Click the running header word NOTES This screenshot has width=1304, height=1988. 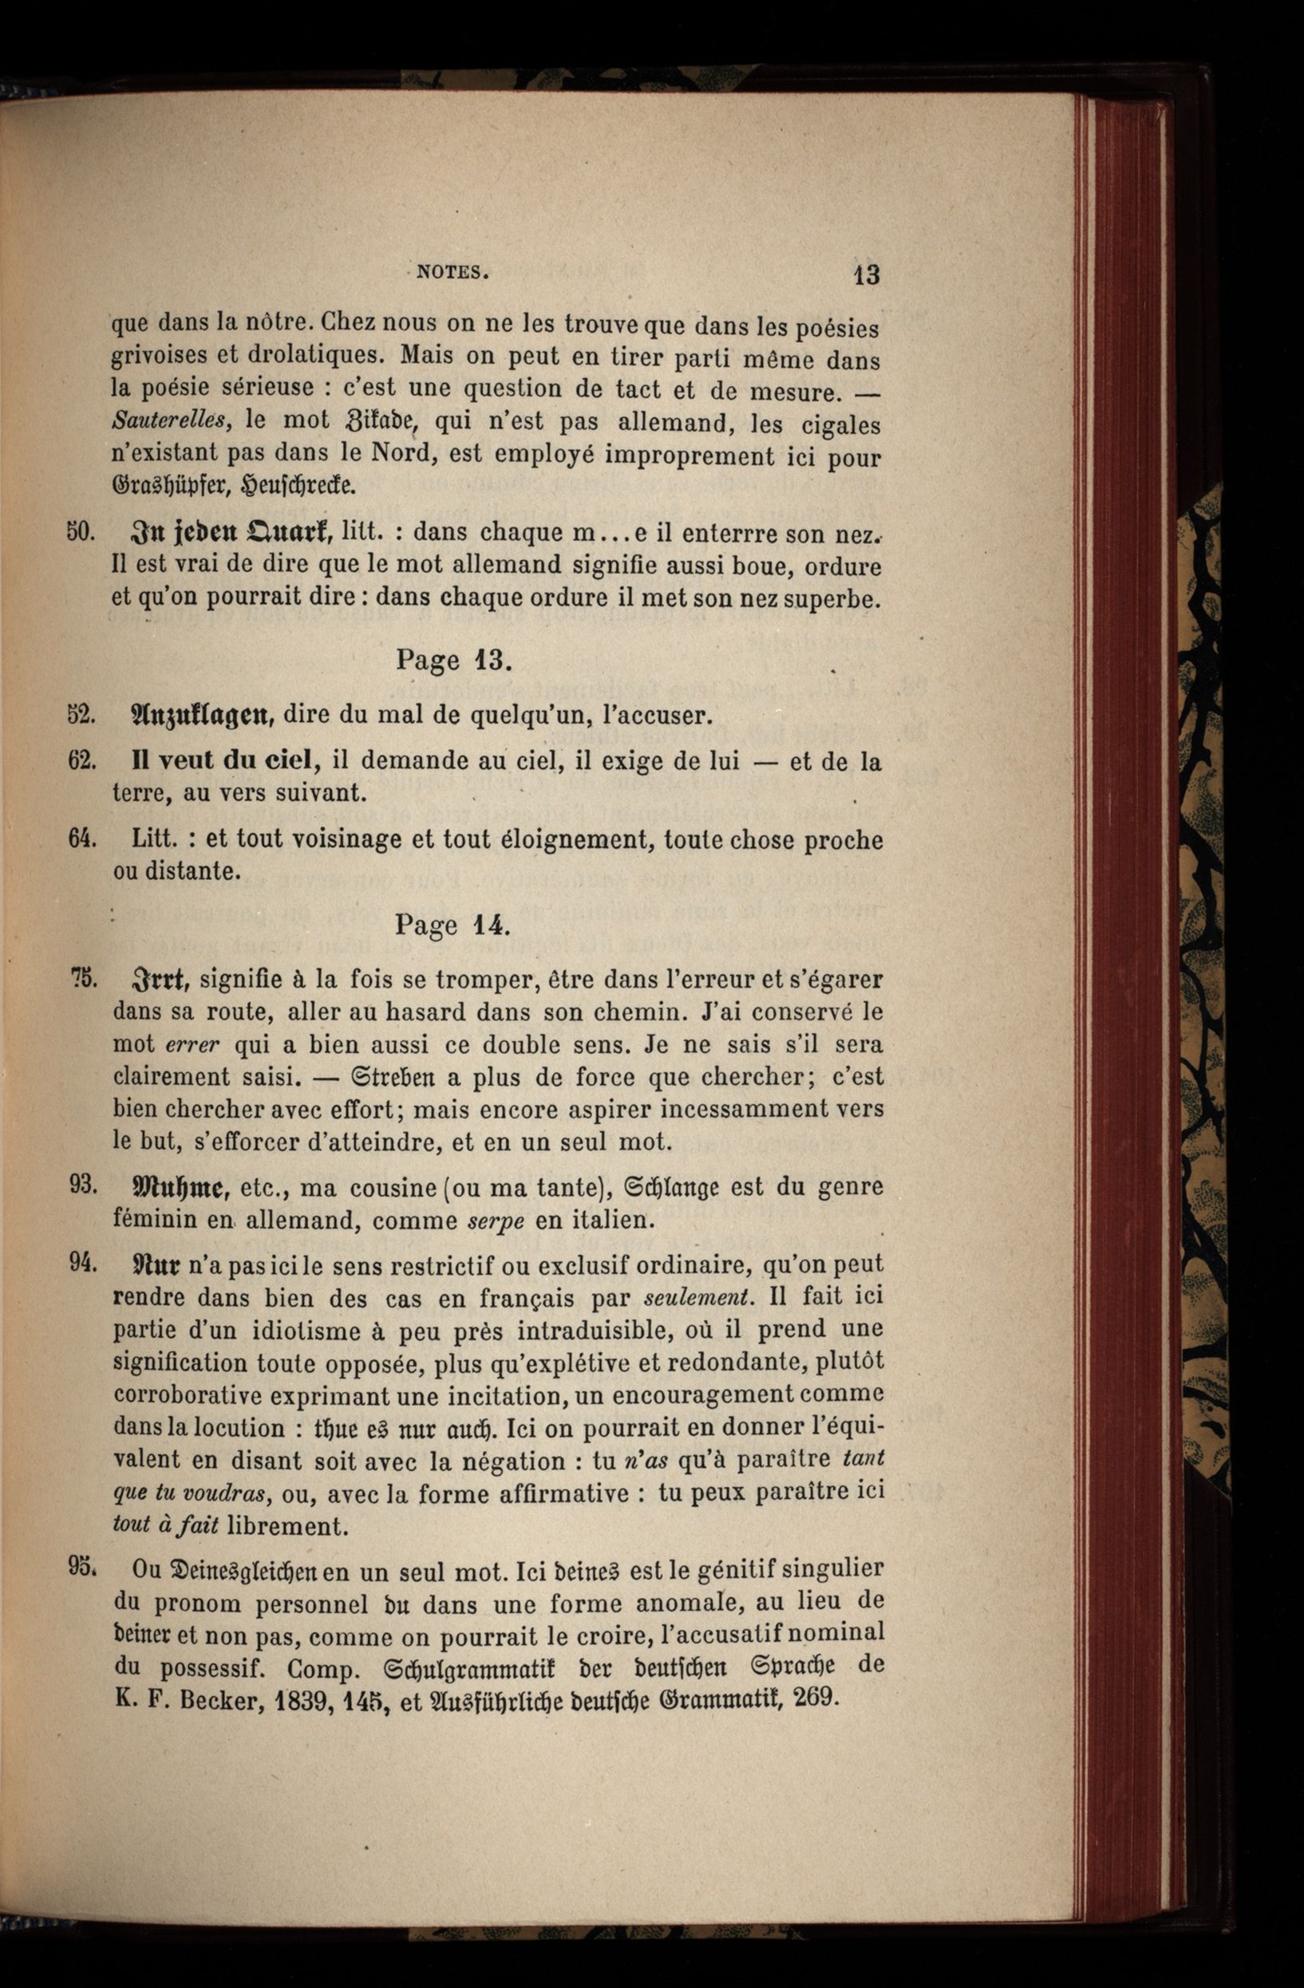pyautogui.click(x=451, y=271)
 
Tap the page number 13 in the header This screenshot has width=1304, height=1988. pyautogui.click(x=866, y=274)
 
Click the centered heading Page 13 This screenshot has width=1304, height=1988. pyautogui.click(x=452, y=660)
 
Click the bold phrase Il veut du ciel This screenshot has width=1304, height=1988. pyautogui.click(x=225, y=761)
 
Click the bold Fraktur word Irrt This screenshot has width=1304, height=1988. pyautogui.click(x=160, y=979)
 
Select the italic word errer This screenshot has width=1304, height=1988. pyautogui.click(x=192, y=1045)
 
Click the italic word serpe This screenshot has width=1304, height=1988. pyautogui.click(x=496, y=1221)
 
